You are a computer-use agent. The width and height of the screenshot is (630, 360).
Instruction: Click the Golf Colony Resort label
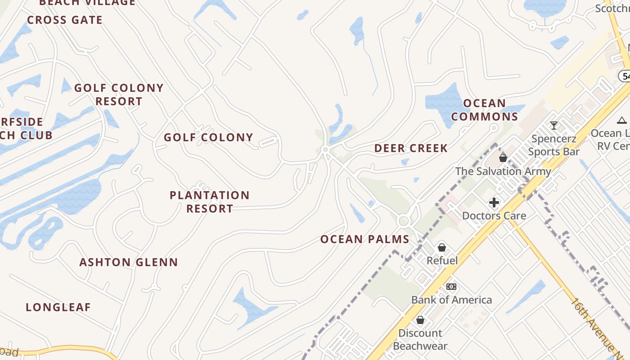(119, 94)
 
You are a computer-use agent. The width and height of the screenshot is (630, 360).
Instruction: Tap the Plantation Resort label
(210, 202)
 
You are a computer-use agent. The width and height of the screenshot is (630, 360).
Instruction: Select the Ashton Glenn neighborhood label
(129, 262)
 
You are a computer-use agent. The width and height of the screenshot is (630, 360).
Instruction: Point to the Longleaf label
(58, 307)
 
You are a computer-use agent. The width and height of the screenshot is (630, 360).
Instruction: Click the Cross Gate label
(65, 20)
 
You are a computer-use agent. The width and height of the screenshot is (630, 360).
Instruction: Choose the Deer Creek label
(411, 148)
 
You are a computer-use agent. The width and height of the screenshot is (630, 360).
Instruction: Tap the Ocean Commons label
(485, 110)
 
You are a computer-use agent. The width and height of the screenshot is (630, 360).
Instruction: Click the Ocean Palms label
(365, 239)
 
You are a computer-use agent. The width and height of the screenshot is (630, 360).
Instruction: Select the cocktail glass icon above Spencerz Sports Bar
(554, 126)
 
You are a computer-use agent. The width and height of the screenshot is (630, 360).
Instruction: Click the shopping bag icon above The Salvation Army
(503, 158)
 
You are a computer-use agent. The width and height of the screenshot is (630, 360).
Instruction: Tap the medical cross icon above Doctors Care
(494, 202)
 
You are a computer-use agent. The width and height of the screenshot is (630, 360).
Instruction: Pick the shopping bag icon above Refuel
(442, 247)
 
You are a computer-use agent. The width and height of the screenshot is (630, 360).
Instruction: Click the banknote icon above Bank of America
(451, 287)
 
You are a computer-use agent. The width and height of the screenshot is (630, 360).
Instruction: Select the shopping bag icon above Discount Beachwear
(420, 320)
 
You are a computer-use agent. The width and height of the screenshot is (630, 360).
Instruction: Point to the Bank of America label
(451, 300)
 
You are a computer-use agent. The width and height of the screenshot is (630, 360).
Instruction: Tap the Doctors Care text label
(494, 216)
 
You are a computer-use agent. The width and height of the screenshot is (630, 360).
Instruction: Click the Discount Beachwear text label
(420, 339)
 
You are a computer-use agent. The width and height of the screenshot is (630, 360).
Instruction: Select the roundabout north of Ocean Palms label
(403, 221)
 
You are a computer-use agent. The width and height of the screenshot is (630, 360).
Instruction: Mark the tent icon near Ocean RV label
(622, 120)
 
